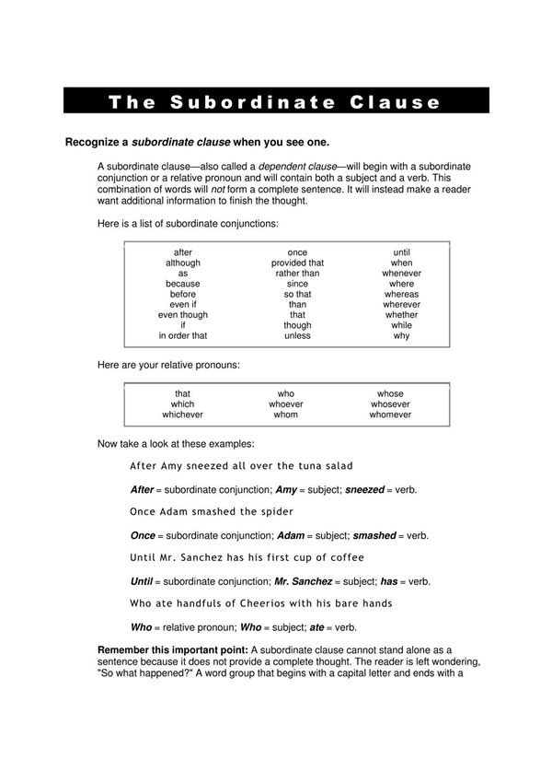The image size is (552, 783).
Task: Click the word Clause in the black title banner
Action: tap(397, 101)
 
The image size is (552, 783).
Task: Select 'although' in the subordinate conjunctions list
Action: tap(183, 263)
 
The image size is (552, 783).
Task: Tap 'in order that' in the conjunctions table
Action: tap(183, 335)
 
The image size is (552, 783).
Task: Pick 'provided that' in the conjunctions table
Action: tap(297, 263)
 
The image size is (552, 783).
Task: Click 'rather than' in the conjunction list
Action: tap(297, 273)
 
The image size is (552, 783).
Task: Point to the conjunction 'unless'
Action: tap(297, 335)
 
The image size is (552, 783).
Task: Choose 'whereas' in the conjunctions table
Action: tap(402, 294)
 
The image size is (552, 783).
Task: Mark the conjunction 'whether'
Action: tap(402, 315)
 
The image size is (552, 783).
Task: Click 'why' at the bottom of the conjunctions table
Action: tap(402, 335)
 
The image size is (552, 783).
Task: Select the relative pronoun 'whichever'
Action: tap(183, 415)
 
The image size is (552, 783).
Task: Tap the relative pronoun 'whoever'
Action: tap(286, 404)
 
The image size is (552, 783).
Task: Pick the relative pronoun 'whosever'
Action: tap(390, 404)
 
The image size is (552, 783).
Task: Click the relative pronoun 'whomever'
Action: tap(390, 415)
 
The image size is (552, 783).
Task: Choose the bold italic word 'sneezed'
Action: tap(364, 489)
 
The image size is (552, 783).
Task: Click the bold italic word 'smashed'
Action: tap(374, 535)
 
